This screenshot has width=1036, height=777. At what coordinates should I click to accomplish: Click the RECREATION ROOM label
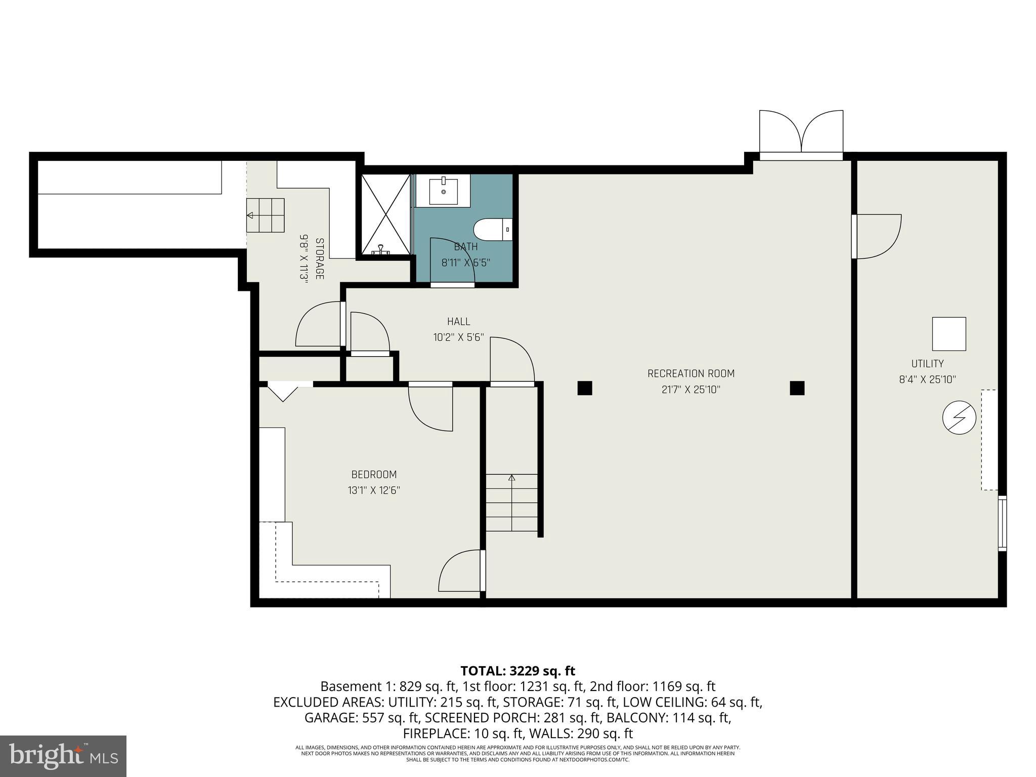(690, 373)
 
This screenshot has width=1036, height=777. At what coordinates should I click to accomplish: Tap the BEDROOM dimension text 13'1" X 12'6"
(374, 490)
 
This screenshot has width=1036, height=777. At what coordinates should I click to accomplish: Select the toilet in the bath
(493, 230)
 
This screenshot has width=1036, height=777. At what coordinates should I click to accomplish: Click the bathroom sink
(444, 191)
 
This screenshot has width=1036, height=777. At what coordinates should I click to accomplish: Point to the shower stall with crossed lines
(385, 214)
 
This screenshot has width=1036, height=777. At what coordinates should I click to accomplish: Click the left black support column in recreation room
(585, 388)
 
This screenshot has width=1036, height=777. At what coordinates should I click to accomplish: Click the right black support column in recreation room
(797, 388)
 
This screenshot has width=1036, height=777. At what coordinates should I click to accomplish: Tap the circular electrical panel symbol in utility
(959, 418)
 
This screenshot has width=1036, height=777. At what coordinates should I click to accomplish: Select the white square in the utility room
(949, 334)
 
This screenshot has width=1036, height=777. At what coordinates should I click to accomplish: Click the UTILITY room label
(927, 363)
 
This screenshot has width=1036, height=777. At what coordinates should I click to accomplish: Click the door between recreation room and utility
(876, 237)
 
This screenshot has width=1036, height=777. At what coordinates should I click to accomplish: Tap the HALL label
(458, 321)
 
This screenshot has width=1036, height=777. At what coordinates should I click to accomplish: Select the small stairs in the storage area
(265, 215)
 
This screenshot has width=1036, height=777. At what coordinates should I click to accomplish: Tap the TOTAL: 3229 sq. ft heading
(517, 671)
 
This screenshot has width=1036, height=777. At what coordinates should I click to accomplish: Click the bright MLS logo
(63, 756)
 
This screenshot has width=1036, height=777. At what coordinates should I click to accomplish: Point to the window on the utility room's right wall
(1002, 523)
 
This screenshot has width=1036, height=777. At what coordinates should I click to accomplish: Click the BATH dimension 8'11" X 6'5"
(465, 263)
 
